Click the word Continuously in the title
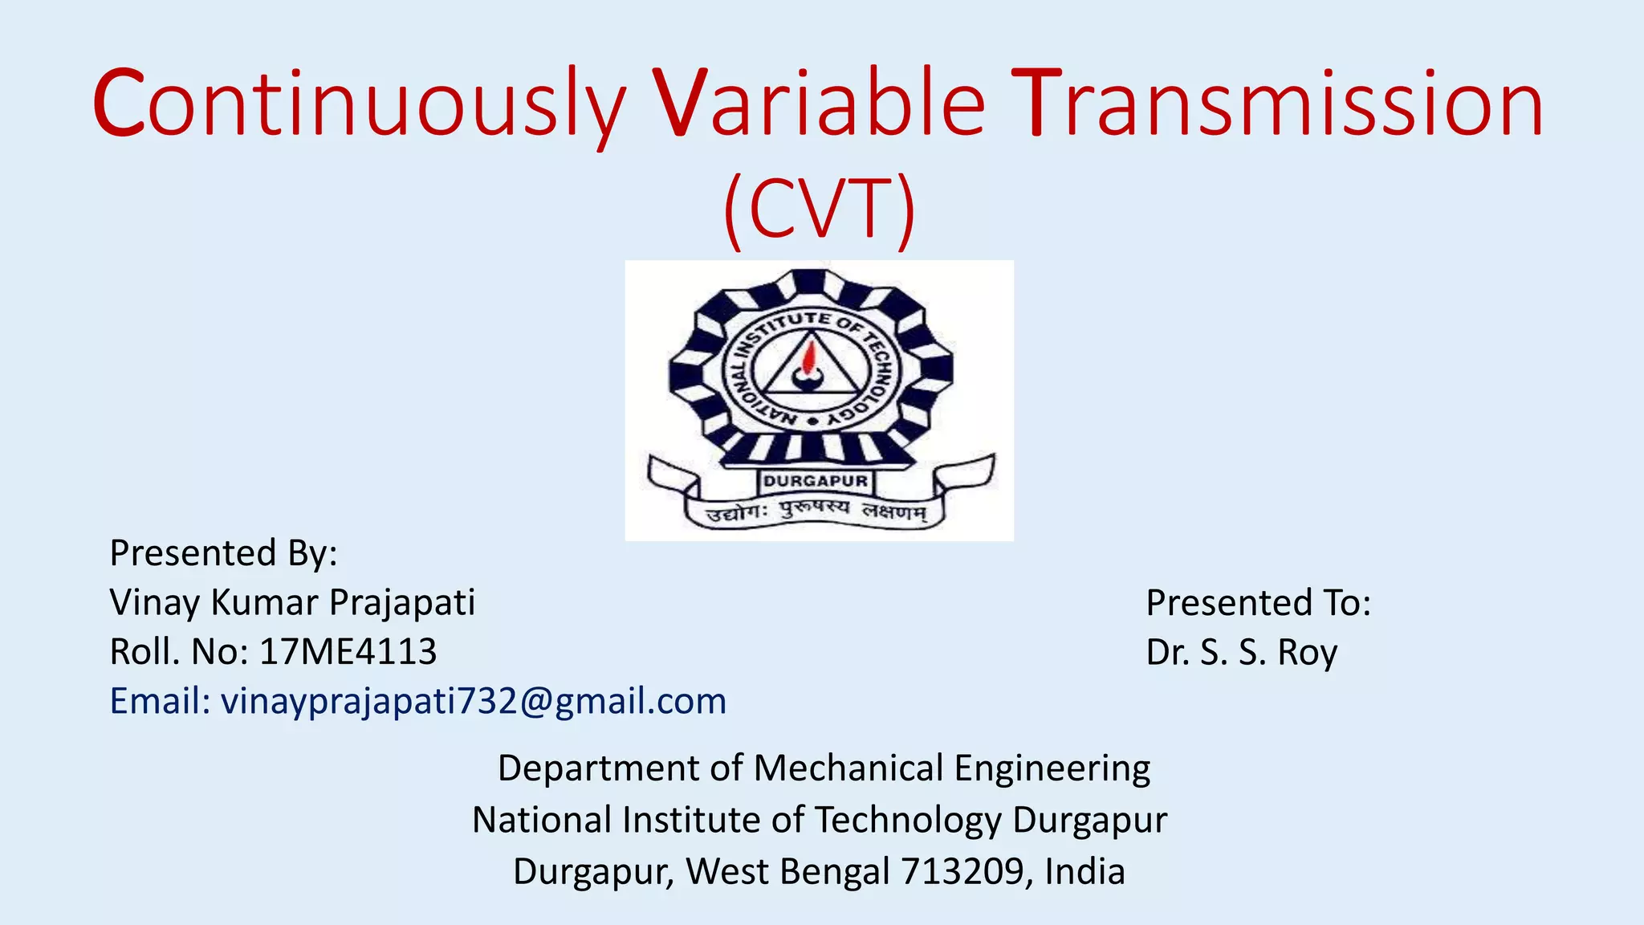coord(358,104)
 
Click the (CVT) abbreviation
coord(819,209)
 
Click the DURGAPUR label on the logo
coord(815,481)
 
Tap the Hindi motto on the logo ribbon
coord(815,511)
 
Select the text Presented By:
coord(223,553)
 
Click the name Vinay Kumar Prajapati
coord(292,602)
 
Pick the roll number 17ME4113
coord(348,651)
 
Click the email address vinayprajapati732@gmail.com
coord(474,701)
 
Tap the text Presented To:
coord(1258,603)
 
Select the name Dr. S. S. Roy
coord(1241,652)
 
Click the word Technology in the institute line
coord(908,821)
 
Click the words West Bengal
coord(787,871)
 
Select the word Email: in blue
coord(160,701)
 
